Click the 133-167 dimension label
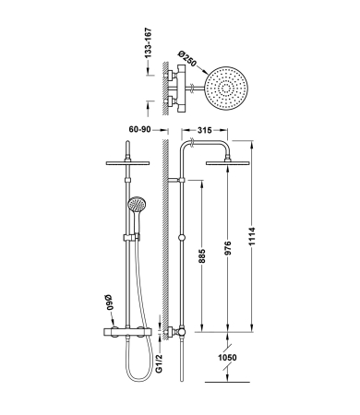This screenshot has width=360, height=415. click(x=149, y=43)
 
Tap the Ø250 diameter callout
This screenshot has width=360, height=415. click(x=187, y=59)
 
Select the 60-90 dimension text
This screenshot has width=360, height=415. click(x=140, y=129)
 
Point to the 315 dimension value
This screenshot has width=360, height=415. click(x=204, y=130)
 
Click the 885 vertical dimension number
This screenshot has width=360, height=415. click(x=201, y=256)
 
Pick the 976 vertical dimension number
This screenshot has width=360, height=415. click(x=227, y=248)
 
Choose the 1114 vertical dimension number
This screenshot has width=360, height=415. click(x=252, y=236)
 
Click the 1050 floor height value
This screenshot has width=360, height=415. click(x=227, y=358)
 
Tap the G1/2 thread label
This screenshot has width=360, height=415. click(x=159, y=362)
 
